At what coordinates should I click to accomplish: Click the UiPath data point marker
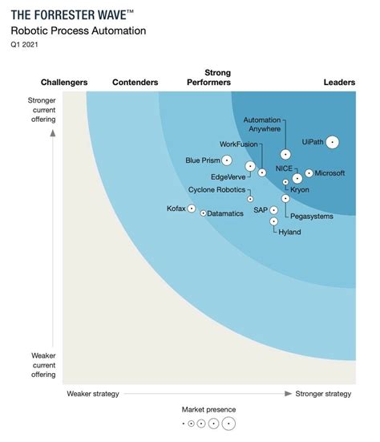coord(332,142)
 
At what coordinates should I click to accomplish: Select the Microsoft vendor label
coord(329,172)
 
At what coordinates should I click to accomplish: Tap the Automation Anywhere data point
coord(285,154)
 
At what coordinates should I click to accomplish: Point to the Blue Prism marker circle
coord(227,160)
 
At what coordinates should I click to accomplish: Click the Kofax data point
coord(192,209)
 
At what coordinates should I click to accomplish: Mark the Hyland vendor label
coord(290,231)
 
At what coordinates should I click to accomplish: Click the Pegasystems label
coord(312,216)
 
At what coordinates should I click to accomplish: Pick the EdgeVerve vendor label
coord(228,176)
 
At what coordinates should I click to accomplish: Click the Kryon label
coord(299,189)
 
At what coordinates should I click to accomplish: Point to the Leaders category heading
coord(339,82)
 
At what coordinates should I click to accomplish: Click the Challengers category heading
coord(64,82)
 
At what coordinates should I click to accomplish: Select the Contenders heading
coord(135,82)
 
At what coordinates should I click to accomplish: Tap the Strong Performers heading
coord(208,77)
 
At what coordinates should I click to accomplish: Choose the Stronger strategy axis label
coord(323,393)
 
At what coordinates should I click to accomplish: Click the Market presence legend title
coord(208,409)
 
